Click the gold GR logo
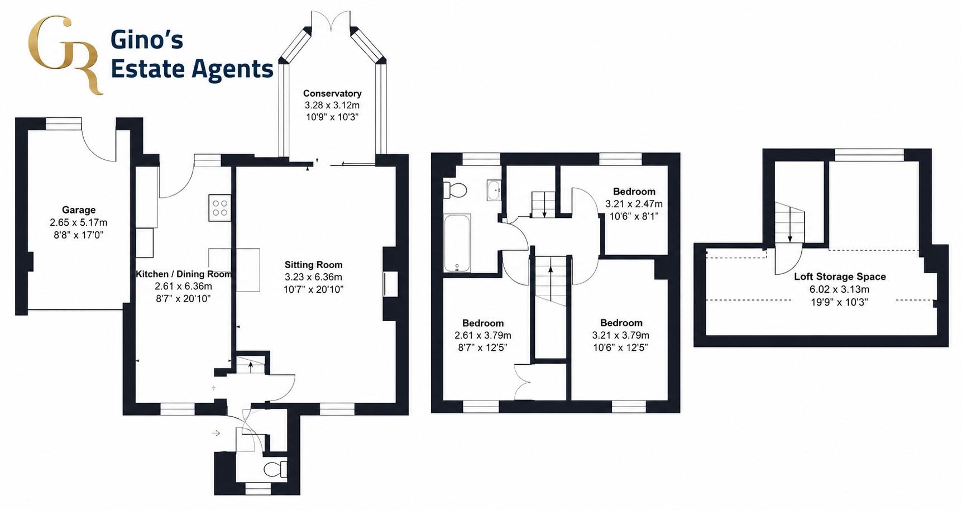[65, 55]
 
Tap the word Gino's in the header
[147, 40]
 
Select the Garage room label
[79, 209]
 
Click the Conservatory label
[332, 93]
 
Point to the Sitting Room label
[313, 265]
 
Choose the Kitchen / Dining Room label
[184, 274]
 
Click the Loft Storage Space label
[840, 277]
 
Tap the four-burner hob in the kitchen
[220, 207]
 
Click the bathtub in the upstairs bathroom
[457, 243]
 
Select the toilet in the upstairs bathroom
[454, 190]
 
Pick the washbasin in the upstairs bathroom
[494, 190]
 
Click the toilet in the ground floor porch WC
[275, 469]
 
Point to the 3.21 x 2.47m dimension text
[634, 204]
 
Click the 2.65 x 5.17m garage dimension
[79, 222]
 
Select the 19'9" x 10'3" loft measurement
[840, 302]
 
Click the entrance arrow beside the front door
[216, 433]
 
